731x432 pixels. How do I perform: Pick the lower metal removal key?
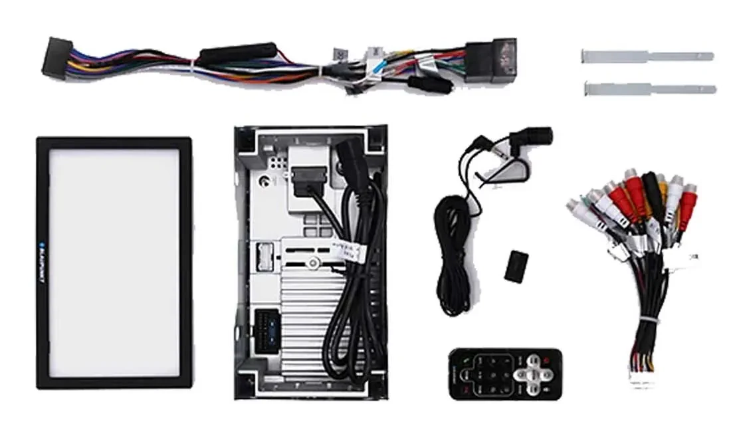coord(649,88)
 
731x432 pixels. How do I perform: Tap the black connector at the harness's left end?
coord(56,59)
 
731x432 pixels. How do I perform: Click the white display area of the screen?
coord(114,262)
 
